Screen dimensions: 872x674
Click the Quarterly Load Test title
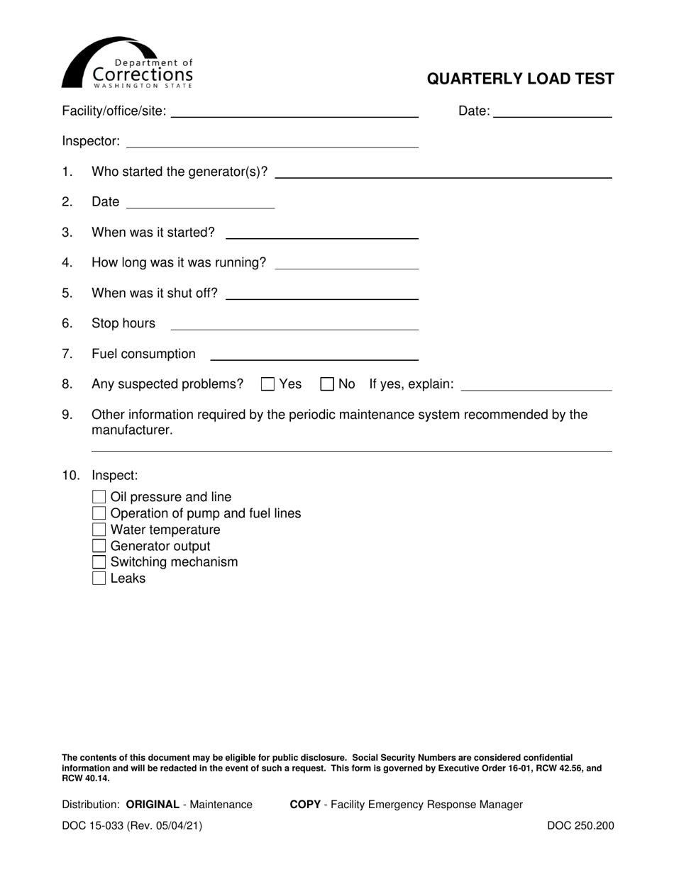click(520, 79)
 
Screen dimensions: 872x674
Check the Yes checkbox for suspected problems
click(268, 384)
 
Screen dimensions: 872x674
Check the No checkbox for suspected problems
click(327, 384)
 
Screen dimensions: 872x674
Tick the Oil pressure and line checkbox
click(99, 497)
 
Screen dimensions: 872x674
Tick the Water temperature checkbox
click(99, 530)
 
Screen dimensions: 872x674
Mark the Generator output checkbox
click(99, 546)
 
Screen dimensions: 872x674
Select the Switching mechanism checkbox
click(99, 562)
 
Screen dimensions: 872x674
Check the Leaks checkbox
click(99, 578)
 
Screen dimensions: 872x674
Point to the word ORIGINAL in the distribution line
click(153, 805)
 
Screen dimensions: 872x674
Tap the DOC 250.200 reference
click(580, 825)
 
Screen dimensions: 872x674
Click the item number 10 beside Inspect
click(71, 475)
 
